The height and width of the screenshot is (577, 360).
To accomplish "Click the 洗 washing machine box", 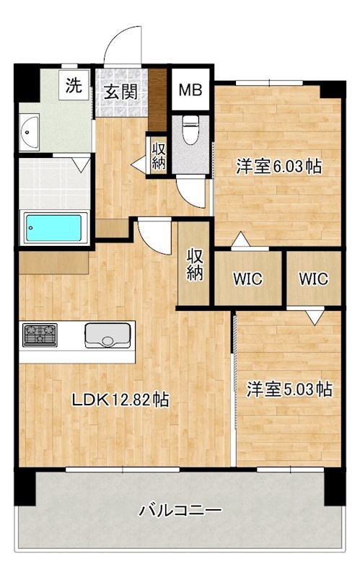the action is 74,84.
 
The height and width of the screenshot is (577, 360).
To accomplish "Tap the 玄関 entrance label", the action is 120,92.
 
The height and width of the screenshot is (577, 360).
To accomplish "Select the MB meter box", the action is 190,89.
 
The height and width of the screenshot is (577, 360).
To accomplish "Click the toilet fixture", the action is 190,130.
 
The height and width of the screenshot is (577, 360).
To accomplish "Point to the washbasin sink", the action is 30,132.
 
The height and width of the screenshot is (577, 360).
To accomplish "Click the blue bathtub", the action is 53,228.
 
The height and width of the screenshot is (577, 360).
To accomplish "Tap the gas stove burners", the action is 40,335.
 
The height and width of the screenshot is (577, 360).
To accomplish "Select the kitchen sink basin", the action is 107,335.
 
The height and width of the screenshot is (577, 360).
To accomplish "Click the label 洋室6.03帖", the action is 278,167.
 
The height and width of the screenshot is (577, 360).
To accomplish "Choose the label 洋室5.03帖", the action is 289,389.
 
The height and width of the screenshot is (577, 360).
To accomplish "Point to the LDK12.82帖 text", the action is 120,400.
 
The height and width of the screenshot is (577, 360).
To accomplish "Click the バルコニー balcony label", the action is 180,511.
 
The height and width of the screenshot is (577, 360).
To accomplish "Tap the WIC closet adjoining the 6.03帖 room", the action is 247,278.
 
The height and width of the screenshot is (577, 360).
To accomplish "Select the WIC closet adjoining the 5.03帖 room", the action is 314,278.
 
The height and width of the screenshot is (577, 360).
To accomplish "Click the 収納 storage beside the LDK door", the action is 194,263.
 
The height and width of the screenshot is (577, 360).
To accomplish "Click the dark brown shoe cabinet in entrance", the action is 157,100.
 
